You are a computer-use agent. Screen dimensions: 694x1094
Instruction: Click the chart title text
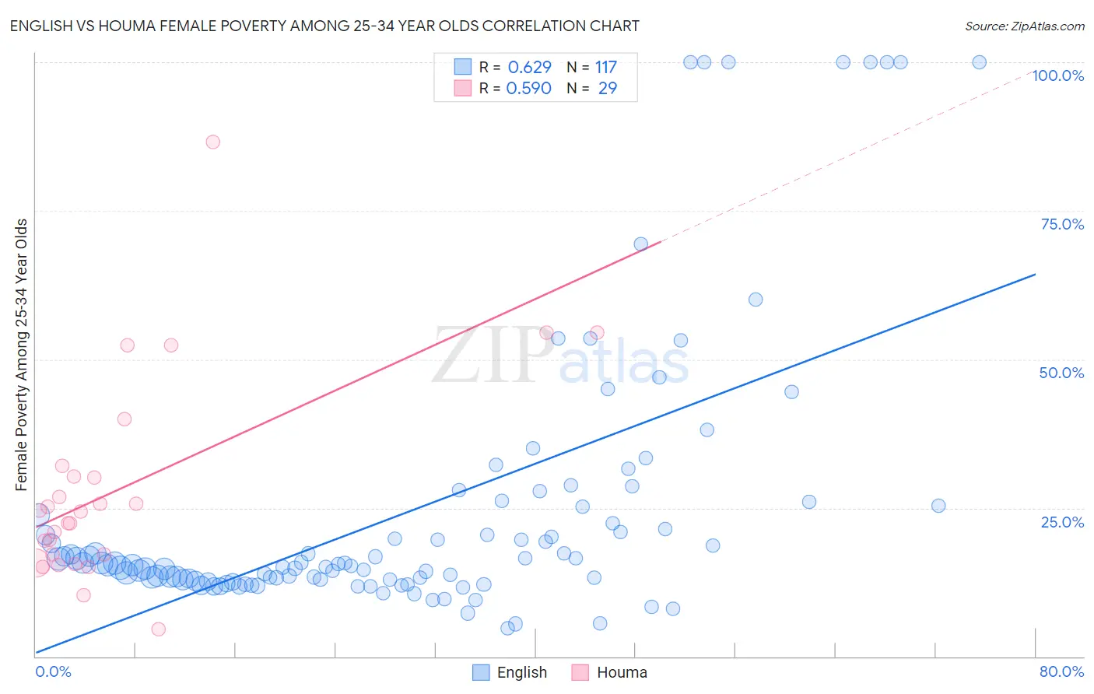[x=324, y=26]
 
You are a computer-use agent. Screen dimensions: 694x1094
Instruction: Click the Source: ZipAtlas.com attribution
[x=1024, y=26]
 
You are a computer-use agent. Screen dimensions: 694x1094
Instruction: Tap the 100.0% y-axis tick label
[x=1057, y=75]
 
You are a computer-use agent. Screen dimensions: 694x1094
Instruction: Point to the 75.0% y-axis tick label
[x=1062, y=224]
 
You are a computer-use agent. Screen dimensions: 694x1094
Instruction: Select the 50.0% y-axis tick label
[x=1061, y=373]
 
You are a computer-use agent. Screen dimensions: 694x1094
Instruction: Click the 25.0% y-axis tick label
[x=1062, y=522]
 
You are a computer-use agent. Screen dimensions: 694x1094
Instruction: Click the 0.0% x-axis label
[x=53, y=671]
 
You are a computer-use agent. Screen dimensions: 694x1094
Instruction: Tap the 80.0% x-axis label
[x=1061, y=671]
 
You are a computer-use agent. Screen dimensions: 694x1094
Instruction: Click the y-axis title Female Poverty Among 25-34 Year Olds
[x=22, y=355]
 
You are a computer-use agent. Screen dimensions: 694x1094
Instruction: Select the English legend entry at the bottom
[x=510, y=672]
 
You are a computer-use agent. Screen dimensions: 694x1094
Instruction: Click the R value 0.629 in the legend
[x=529, y=68]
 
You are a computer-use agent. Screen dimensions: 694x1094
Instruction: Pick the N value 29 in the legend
[x=607, y=89]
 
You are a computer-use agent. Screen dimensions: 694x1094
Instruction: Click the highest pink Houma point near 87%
[x=212, y=142]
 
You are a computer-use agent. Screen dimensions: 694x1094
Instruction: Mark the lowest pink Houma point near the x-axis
[x=159, y=629]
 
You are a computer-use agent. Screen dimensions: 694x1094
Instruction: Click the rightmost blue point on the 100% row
[x=980, y=62]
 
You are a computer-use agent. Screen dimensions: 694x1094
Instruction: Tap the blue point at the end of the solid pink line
[x=640, y=244]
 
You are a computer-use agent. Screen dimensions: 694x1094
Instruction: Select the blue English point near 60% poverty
[x=756, y=300]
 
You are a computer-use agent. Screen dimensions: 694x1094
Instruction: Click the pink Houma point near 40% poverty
[x=124, y=419]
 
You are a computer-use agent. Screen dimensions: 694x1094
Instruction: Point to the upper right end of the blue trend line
[x=1035, y=275]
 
